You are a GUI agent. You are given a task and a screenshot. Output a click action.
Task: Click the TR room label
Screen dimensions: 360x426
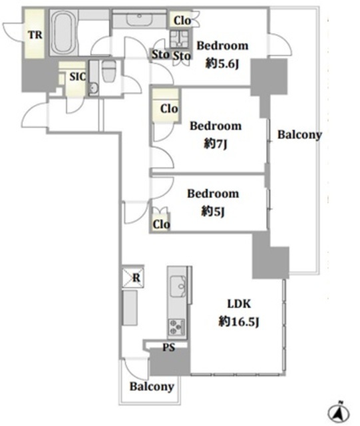(35, 35)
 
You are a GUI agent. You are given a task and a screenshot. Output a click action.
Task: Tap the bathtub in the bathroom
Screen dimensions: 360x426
(63, 33)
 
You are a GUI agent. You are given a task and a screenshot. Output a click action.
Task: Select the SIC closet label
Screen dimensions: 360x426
(77, 77)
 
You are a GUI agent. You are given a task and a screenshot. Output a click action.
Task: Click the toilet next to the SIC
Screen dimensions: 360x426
(109, 71)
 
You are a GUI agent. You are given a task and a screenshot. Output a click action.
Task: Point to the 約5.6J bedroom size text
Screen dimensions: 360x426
(222, 64)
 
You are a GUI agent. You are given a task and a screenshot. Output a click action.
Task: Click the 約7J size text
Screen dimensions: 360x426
(215, 144)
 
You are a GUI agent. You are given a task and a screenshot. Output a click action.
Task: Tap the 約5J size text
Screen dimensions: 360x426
(213, 211)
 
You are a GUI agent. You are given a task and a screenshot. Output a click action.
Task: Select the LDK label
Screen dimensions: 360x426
(239, 304)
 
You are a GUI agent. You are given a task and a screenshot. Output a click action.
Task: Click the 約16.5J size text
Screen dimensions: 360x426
(238, 321)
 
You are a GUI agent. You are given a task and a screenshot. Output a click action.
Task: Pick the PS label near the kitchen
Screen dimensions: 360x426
(169, 347)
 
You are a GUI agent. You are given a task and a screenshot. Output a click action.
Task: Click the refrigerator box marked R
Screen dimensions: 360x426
(133, 277)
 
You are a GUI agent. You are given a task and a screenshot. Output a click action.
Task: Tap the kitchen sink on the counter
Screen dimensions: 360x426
(178, 286)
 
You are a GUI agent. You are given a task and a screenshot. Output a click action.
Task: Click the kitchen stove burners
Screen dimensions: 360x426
(176, 327)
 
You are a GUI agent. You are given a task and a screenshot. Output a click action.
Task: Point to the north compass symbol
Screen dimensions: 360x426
(338, 413)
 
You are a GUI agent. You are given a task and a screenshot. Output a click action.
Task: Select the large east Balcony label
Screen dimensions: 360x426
(299, 134)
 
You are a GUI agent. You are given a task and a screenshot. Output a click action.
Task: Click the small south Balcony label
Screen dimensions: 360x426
(152, 386)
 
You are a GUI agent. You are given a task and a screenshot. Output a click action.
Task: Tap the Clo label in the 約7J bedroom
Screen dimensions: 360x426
(169, 108)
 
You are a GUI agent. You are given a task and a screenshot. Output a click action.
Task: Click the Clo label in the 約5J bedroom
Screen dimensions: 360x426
(161, 224)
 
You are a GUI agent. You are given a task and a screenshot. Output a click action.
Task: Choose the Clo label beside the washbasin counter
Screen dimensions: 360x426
(182, 21)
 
